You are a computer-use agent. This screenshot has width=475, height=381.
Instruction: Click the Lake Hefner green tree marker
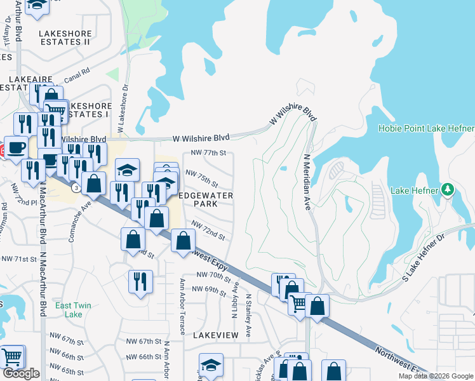[x=447, y=190]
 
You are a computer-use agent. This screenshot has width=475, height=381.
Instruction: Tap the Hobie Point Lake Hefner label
[x=425, y=128]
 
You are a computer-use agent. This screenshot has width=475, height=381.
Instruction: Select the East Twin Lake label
[x=73, y=310]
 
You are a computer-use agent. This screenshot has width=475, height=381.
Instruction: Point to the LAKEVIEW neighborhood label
[x=215, y=335]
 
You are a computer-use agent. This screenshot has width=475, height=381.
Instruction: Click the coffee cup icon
[x=16, y=147]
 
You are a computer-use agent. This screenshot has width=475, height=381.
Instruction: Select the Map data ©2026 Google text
[x=436, y=376]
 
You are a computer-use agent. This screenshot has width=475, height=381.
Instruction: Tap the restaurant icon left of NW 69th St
[x=140, y=281]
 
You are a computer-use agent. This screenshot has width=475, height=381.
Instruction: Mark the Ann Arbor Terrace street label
[x=182, y=306]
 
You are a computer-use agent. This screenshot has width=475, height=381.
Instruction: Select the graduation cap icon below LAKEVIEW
[x=211, y=365]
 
